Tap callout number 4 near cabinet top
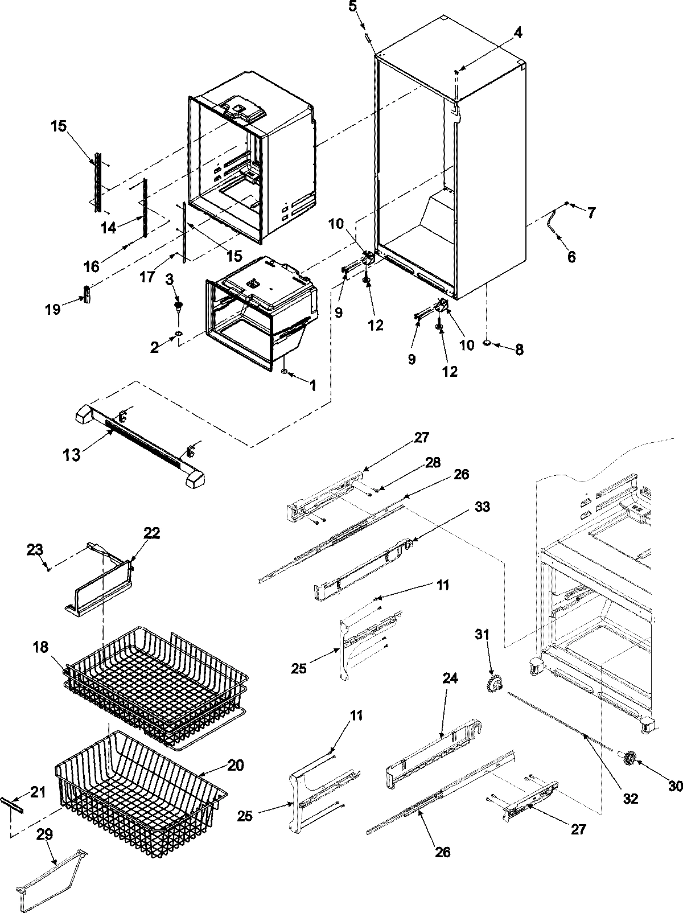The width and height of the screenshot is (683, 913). point(517,34)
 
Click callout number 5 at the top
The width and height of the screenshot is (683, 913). point(353,7)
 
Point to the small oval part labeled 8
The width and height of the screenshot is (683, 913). point(488,344)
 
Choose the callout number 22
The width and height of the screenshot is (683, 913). point(151,533)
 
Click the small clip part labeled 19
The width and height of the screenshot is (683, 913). point(87,295)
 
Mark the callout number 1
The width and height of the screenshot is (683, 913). point(312,386)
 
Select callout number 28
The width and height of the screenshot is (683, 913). point(433,463)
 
